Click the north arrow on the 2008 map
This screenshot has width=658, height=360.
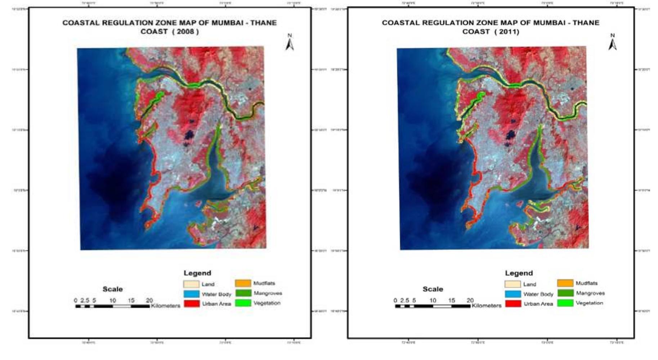pyautogui.click(x=290, y=44)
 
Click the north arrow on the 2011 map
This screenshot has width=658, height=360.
pyautogui.click(x=612, y=44)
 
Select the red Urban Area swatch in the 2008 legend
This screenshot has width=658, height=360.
pyautogui.click(x=192, y=303)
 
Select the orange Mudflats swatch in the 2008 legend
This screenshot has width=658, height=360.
pyautogui.click(x=243, y=284)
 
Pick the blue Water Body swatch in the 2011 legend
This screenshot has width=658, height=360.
pyautogui.click(x=512, y=294)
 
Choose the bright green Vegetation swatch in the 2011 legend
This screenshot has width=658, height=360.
pyautogui.click(x=565, y=303)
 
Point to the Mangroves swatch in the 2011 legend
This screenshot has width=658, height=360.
pyautogui.click(x=565, y=293)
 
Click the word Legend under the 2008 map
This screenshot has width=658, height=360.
pyautogui.click(x=197, y=273)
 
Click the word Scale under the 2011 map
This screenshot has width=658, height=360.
pyautogui.click(x=433, y=289)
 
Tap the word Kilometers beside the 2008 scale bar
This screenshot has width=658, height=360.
pyautogui.click(x=165, y=306)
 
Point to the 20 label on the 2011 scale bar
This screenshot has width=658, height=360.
pyautogui.click(x=470, y=300)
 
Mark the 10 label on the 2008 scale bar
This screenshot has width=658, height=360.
pyautogui.click(x=112, y=300)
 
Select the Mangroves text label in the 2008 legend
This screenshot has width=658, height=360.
pyautogui.click(x=268, y=293)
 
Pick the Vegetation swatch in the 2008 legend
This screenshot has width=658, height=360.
pyautogui.click(x=243, y=303)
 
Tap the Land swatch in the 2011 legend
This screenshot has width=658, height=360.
pyautogui.click(x=512, y=284)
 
